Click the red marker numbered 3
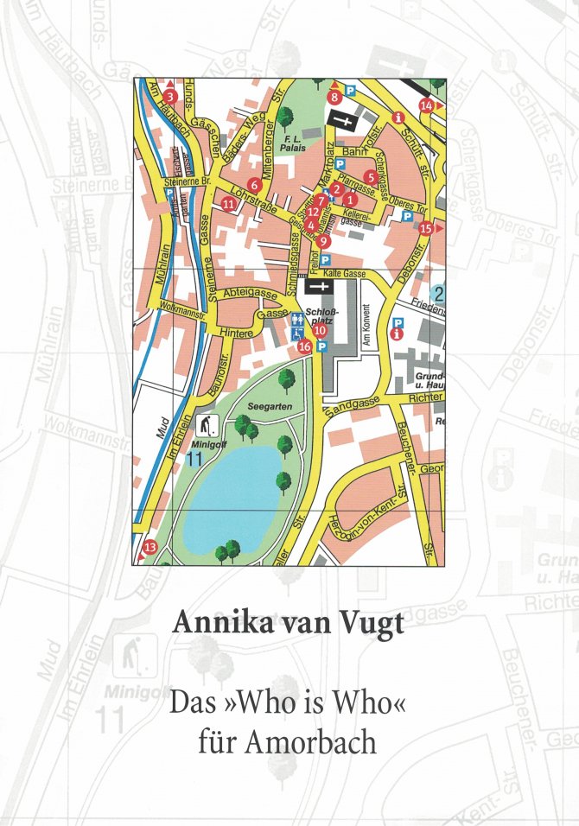click(x=171, y=97)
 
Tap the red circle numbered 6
click(x=253, y=184)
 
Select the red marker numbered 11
click(x=228, y=204)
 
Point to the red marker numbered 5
click(x=370, y=177)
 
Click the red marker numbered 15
click(x=425, y=229)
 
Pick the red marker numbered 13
click(x=150, y=547)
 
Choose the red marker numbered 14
click(x=426, y=105)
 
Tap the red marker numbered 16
click(x=303, y=346)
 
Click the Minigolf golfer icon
click(x=207, y=425)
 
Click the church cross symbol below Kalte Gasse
click(x=320, y=287)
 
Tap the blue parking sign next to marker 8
click(x=351, y=90)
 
